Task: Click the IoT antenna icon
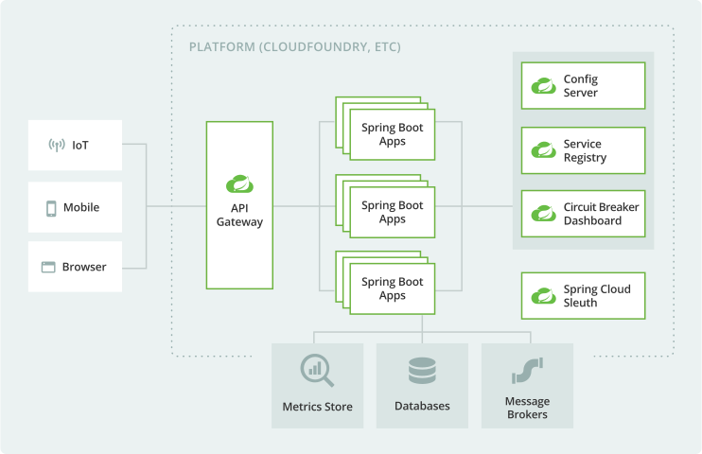click(56, 146)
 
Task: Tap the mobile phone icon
click(51, 208)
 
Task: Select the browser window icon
click(48, 268)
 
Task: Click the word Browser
click(84, 268)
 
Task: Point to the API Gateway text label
click(239, 215)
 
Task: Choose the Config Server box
click(583, 86)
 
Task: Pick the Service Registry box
click(583, 150)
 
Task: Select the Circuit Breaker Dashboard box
click(583, 214)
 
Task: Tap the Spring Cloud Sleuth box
click(583, 295)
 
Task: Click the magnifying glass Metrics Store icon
click(317, 371)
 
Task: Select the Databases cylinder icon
click(422, 371)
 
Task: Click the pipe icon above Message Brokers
click(527, 371)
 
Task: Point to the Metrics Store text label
click(317, 407)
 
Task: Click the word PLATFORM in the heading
click(221, 46)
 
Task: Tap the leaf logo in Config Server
click(543, 87)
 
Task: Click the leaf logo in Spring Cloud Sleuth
click(543, 296)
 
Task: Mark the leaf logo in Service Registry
click(543, 151)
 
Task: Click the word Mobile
click(81, 208)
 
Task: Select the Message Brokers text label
click(527, 408)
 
